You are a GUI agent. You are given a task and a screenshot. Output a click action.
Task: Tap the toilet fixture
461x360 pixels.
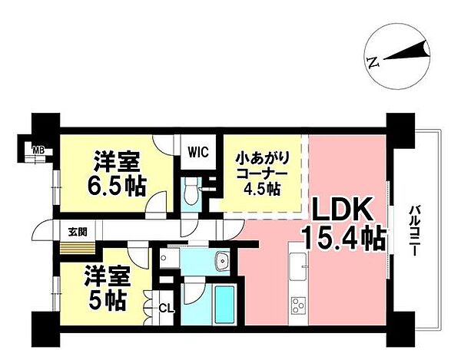[193, 193]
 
